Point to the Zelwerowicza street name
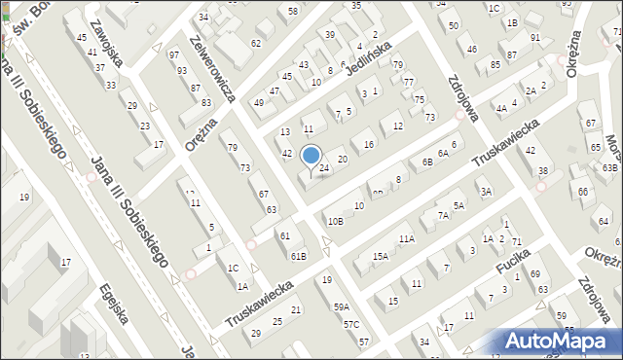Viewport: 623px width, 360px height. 214,72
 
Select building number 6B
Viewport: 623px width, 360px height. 426,162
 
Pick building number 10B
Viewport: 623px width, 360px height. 335,222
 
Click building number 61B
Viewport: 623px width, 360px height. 298,256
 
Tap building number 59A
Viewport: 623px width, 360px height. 342,307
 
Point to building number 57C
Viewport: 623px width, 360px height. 351,324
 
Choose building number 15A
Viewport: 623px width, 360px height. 381,257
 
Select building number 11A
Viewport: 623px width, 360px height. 407,238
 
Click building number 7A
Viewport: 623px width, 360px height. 443,216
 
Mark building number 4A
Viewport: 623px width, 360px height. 501,109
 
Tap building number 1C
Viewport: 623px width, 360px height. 233,268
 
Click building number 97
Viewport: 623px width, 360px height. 173,55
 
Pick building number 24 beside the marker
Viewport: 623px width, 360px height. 325,169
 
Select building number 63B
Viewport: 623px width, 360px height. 609,168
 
